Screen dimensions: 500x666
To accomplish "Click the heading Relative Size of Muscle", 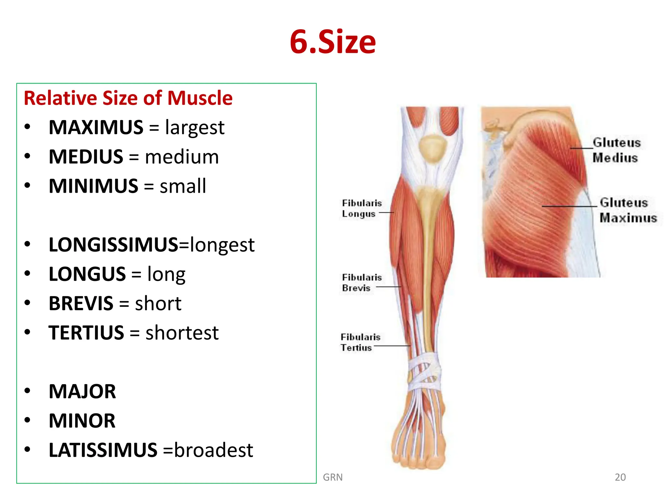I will tap(128, 98).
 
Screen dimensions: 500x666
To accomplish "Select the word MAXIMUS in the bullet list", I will tap(96, 127).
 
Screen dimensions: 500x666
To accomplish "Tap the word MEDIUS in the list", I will tap(86, 157).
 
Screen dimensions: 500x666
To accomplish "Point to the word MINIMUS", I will tap(94, 186).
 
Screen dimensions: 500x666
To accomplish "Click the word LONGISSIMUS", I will tap(113, 245).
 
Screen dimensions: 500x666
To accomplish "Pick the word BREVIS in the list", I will tap(81, 304).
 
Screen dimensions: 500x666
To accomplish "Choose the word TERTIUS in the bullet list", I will tap(86, 333).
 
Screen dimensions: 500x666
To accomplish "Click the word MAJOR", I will tap(82, 392).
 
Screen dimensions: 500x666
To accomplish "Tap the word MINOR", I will tap(82, 421).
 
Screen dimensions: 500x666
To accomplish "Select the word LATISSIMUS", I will tap(103, 450).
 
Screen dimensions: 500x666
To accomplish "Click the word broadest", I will tap(213, 450).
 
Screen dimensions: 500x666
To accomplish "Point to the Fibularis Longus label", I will tap(361, 208).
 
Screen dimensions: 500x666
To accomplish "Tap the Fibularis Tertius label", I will tap(360, 342).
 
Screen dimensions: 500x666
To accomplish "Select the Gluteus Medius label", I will tap(616, 150).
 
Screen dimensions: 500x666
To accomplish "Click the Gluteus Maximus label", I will tap(628, 210).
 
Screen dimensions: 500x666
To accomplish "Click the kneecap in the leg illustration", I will tap(432, 148).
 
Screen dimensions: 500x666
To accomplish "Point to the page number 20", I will tap(620, 477).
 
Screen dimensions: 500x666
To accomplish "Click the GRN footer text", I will tap(333, 477).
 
